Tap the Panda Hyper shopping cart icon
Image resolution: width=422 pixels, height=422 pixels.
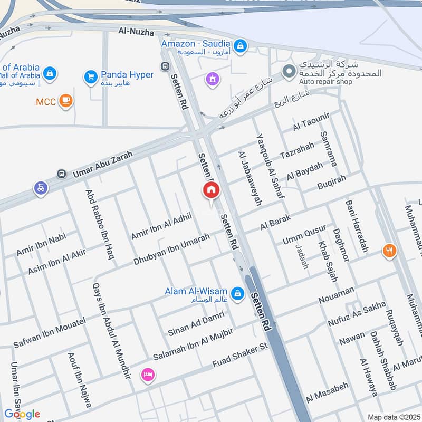point(91,77)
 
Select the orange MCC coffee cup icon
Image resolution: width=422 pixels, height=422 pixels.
point(65,101)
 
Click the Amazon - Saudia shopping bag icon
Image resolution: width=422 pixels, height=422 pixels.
point(241,46)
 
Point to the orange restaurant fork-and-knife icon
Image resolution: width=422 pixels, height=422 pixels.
point(390,251)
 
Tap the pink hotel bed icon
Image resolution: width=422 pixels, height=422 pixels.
point(148,375)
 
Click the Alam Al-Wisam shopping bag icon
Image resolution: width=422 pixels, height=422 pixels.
point(237,292)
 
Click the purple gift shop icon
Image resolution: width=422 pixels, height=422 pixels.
point(213,80)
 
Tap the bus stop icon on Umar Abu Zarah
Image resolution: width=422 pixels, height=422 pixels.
point(62,174)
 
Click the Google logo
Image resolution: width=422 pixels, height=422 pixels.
point(22,414)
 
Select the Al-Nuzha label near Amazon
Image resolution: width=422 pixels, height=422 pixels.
point(137,33)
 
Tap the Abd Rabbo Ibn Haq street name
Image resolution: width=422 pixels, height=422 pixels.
point(100,220)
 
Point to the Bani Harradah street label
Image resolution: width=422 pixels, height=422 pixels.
point(357,226)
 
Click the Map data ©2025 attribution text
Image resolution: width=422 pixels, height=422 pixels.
point(393,417)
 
